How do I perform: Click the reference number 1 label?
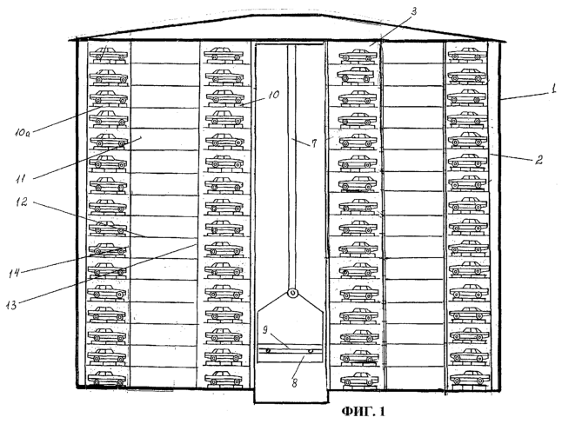554,88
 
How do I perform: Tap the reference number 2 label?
539,159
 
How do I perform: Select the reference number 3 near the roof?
413,11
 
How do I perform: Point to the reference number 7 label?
314,143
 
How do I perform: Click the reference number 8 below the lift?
295,383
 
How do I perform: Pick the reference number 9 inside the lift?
265,329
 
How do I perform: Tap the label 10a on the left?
23,133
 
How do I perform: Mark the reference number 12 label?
22,202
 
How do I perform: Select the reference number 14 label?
14,274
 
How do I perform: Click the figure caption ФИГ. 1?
363,412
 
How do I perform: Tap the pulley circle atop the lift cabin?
293,294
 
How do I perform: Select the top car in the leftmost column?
108,55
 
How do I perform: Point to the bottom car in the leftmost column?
107,378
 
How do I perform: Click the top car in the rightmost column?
468,54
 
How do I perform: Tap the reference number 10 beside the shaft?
273,95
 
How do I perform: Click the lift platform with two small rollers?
290,349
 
